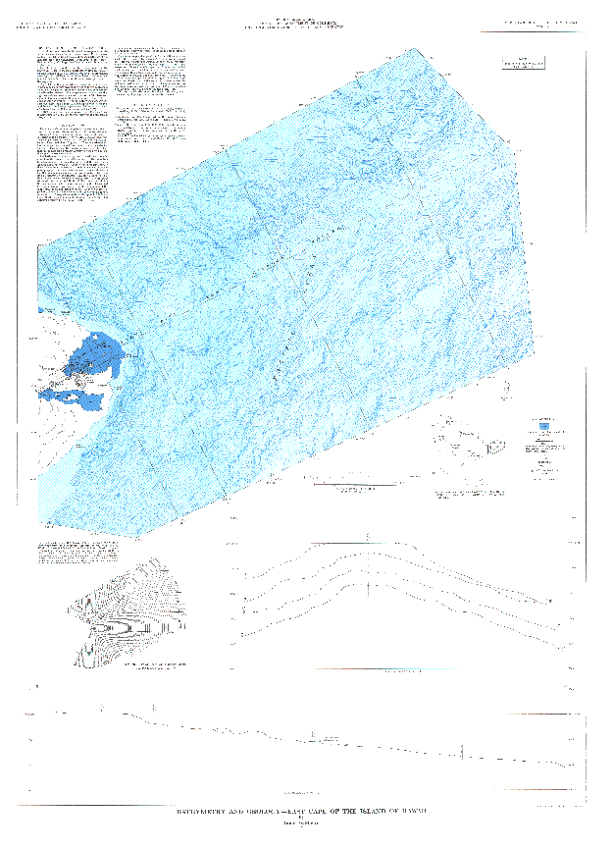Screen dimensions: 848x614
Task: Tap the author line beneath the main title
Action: coord(306,820)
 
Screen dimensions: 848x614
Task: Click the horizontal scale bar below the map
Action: coord(354,483)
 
